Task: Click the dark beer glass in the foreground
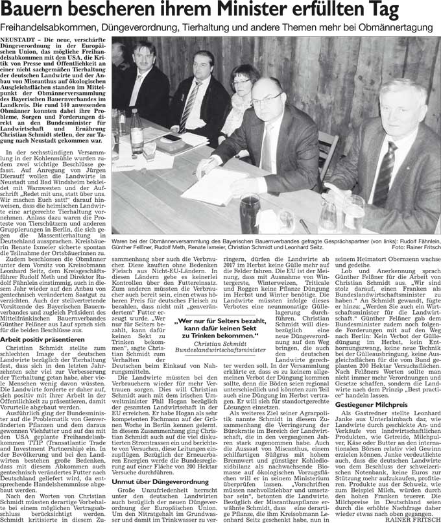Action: [x=249, y=211]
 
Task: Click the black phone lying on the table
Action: [x=171, y=138]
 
